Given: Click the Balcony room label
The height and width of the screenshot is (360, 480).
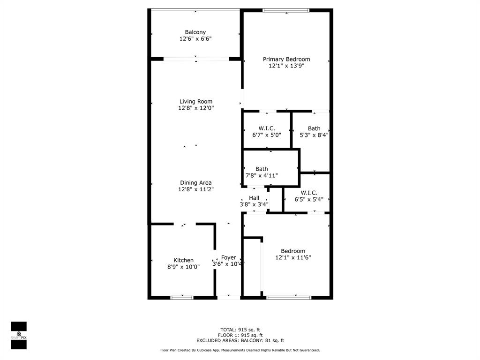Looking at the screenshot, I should tap(195, 32).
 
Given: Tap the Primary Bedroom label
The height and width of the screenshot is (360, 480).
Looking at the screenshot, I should tap(286, 60).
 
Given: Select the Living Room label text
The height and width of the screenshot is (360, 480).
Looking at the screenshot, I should tap(195, 102).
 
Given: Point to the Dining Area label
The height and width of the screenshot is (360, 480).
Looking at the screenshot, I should tap(195, 183).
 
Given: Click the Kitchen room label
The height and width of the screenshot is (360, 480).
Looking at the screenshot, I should tap(183, 261).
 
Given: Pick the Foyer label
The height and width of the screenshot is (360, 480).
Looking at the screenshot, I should tap(229, 258).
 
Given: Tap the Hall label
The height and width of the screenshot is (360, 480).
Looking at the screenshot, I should tap(254, 198).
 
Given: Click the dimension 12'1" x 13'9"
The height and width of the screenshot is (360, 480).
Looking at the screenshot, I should tap(286, 66).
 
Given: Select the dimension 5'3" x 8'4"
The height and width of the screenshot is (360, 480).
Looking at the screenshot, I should tap(314, 135).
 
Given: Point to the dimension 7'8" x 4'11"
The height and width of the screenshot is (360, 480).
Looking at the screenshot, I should tap(262, 176).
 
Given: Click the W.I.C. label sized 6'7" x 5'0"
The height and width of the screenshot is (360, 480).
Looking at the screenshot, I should tap(267, 128).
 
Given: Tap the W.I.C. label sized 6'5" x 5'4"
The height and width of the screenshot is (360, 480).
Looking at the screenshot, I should tap(309, 193).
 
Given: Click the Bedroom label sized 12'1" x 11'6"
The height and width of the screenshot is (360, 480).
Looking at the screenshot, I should tap(293, 251).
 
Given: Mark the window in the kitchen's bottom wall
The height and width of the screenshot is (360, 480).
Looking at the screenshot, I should tap(182, 297).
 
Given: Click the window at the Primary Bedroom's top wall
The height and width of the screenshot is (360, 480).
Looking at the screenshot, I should tap(286, 10).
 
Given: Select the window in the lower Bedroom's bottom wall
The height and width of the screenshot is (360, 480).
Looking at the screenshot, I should tap(289, 297).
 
